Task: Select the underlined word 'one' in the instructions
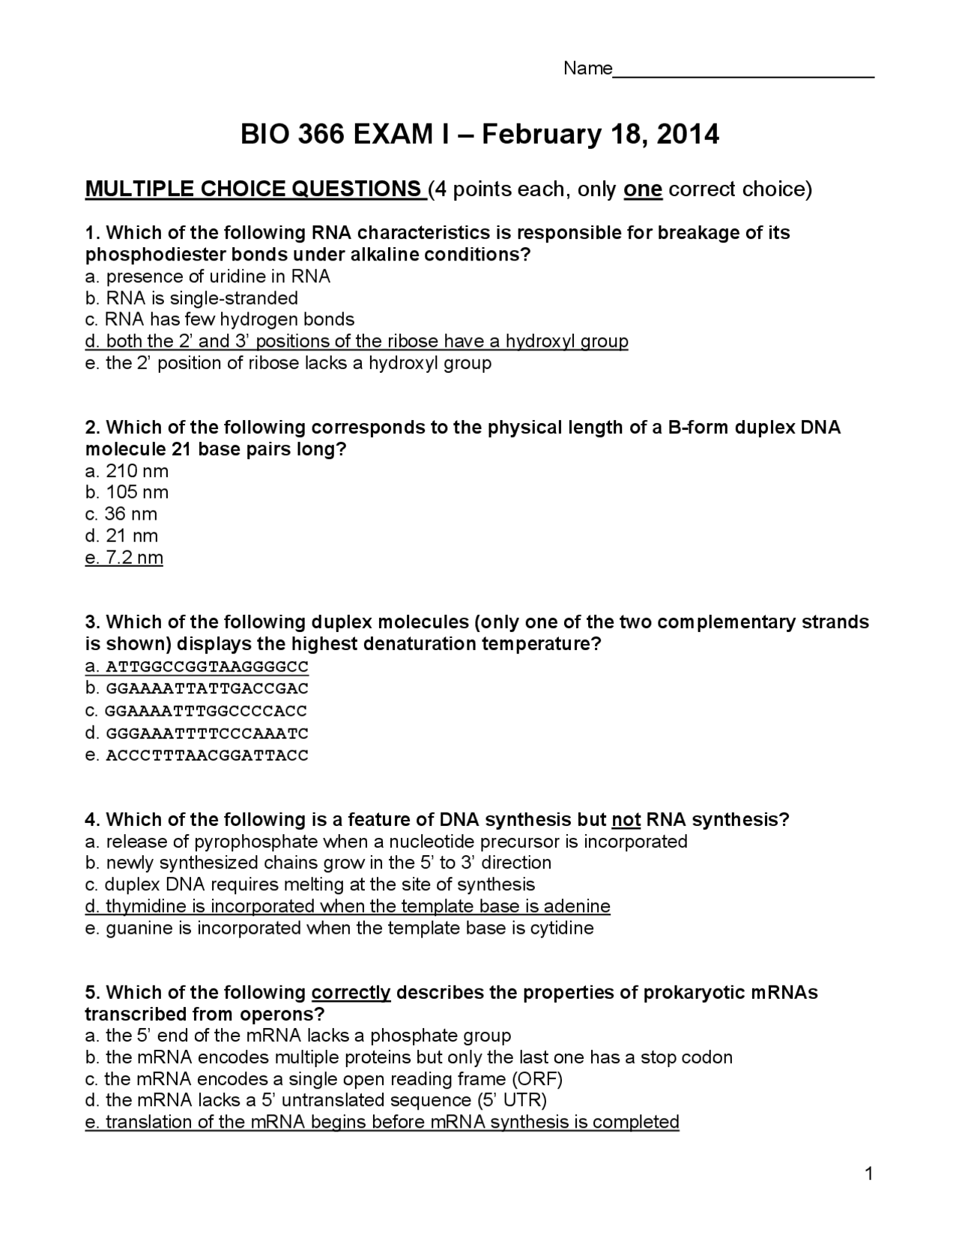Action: (x=642, y=189)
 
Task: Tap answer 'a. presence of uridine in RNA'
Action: (x=208, y=277)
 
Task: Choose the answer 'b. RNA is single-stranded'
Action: (x=192, y=299)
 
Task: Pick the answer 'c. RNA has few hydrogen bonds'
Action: (x=220, y=320)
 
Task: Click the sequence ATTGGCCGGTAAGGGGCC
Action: (x=207, y=667)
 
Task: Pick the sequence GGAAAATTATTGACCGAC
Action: (x=207, y=689)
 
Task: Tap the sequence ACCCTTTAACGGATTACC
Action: (x=207, y=756)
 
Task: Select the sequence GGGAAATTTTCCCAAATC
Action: (x=207, y=734)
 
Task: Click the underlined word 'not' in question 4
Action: (x=626, y=820)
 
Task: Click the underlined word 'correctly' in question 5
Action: (x=351, y=993)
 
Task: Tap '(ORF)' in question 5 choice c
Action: (x=537, y=1080)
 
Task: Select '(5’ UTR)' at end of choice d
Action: (x=512, y=1101)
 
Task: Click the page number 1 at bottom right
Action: (x=869, y=1174)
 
